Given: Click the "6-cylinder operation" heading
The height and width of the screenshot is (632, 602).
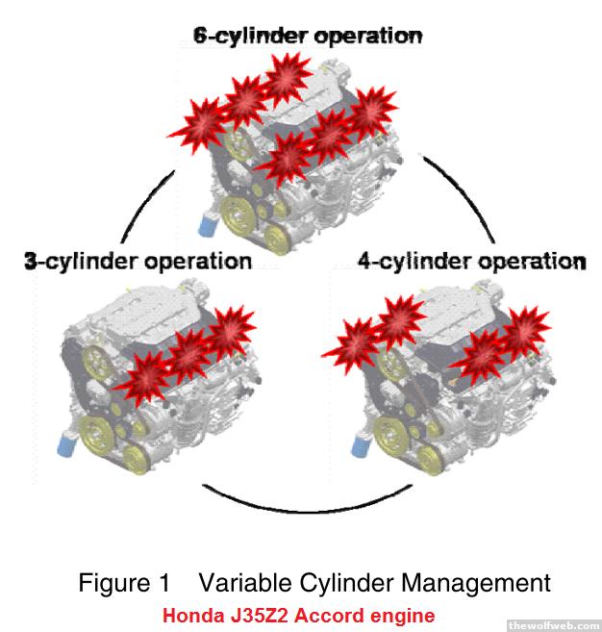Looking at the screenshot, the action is pos(308,37).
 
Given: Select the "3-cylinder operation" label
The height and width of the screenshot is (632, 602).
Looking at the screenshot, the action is pos(138,262).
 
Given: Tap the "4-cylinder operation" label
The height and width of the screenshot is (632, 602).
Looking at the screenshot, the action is pos(472,262).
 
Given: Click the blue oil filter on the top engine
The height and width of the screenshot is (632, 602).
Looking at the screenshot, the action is pos(208,225).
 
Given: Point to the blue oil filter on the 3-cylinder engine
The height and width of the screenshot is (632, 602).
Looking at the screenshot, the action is pos(67,443).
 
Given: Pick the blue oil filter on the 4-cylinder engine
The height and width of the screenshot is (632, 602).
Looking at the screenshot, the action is pos(361,445).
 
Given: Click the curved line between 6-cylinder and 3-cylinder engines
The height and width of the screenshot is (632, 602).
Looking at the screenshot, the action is pos(147,206).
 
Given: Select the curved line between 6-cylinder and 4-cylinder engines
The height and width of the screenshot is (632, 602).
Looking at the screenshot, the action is pos(460,198).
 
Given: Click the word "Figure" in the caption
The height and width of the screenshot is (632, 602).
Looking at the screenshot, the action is pos(114,583).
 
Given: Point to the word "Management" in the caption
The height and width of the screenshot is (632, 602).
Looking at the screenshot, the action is pos(476,583).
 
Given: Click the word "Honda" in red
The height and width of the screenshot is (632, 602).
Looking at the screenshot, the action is pos(193,616).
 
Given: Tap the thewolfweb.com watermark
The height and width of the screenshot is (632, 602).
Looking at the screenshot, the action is pos(553,625).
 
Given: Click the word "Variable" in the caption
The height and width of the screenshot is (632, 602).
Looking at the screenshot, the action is pos(245,583).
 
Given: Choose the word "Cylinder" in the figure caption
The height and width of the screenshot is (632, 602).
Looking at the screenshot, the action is pos(347,583).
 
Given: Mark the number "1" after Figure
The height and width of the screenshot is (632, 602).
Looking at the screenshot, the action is pos(164,583).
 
